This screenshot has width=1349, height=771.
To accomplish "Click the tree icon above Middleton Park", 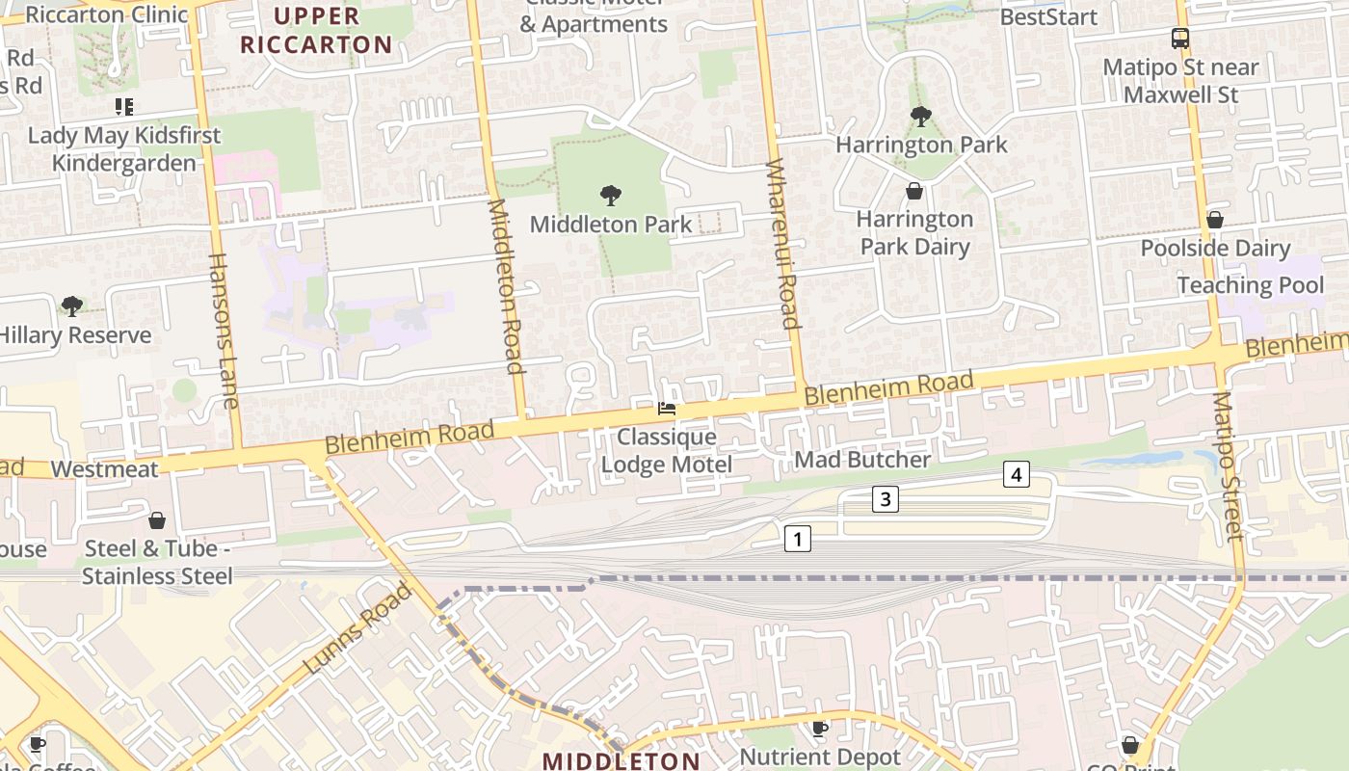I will coord(610,196).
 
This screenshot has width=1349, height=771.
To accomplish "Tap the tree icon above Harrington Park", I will coord(920,117).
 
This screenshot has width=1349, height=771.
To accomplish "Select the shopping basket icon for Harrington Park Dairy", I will coord(913,191).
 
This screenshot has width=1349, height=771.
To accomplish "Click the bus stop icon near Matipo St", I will coord(1180,39).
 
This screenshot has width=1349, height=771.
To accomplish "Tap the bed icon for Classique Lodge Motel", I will coord(666,409).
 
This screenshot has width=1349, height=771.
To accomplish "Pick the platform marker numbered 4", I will coord(1016,473).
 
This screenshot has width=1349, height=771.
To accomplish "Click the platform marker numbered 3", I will coord(886,499).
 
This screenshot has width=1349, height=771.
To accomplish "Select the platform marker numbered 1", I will coord(797,538).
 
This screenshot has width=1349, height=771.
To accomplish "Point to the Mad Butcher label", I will coord(861,460).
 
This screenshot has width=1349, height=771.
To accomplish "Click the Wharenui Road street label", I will coord(782,245).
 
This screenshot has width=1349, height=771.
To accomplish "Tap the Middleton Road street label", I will coord(506,286).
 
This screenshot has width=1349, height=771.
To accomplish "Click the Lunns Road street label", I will coord(357,628).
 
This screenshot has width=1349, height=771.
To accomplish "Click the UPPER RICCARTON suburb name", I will coord(316,30).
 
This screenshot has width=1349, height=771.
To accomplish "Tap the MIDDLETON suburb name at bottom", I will coord(621,760).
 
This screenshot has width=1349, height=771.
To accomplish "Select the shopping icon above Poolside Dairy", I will coord(1215,220).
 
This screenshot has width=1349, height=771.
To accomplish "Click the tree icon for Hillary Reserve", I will coord(71,306).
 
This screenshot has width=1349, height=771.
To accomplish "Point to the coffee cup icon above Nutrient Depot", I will coord(820,729).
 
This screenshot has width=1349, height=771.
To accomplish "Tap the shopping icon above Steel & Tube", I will coord(157,520).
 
